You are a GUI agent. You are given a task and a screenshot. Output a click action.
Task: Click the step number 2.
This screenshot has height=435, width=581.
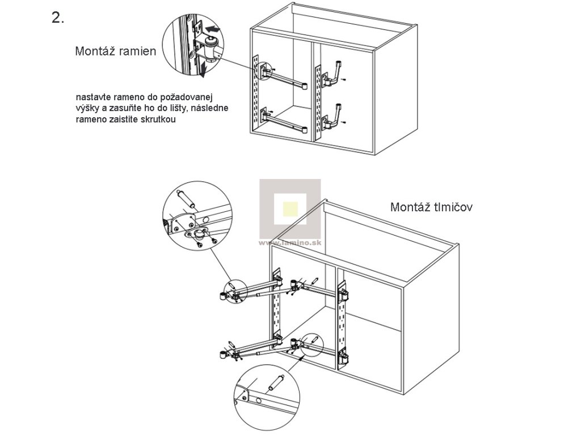coord(58,18)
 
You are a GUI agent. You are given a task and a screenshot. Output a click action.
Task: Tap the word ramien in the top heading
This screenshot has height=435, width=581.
coord(136,52)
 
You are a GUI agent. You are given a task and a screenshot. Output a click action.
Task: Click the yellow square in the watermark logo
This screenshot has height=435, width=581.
coord(290,209)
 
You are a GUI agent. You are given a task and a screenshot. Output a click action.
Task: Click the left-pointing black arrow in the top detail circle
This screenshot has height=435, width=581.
coord(214,28)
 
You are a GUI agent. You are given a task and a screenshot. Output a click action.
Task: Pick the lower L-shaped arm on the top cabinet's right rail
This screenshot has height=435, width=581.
coord(335,117)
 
